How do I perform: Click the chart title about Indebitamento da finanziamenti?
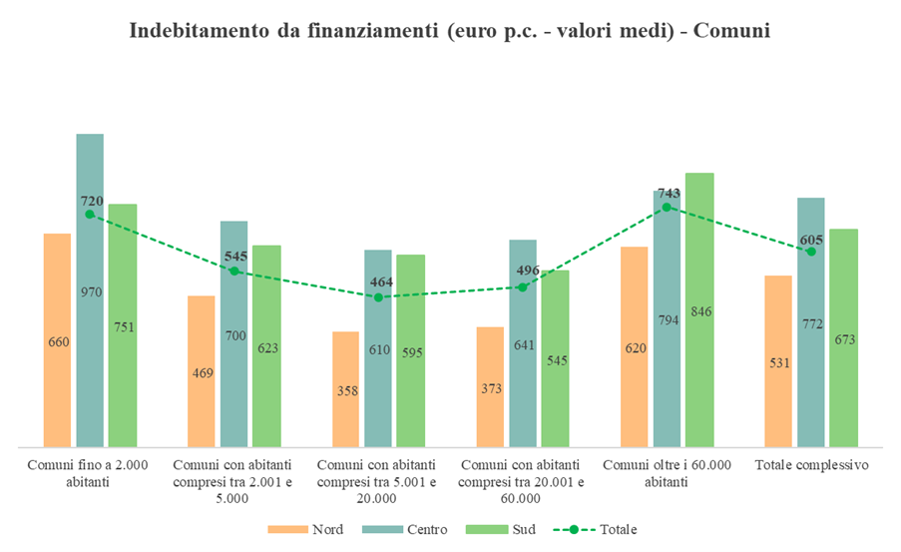point(450,31)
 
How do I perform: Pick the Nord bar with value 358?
point(345,388)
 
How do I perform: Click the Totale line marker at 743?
point(667,207)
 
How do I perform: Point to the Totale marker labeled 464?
point(378,296)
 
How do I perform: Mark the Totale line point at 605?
point(811,252)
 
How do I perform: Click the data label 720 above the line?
point(92,201)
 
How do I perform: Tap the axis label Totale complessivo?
point(811,465)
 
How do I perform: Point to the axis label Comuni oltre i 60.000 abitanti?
point(667,473)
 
